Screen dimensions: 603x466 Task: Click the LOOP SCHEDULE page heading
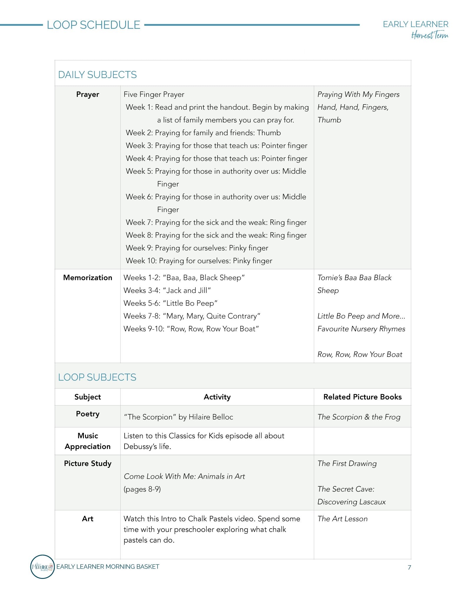[x=93, y=25]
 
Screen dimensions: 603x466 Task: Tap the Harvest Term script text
[x=429, y=36]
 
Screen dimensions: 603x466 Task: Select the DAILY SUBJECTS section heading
[x=97, y=75]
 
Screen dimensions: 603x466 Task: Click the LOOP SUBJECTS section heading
[x=97, y=377]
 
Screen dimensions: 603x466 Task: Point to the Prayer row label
[x=87, y=95]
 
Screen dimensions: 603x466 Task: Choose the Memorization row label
[x=87, y=278]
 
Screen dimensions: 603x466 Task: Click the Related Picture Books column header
[x=362, y=397]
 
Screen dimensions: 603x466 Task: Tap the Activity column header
[x=217, y=397]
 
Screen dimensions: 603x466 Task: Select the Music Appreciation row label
[x=87, y=441]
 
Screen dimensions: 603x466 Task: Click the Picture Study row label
[x=87, y=463]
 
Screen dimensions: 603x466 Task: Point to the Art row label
[x=87, y=519]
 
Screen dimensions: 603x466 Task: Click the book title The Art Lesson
[x=342, y=519]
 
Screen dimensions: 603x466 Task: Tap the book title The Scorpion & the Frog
[x=359, y=417]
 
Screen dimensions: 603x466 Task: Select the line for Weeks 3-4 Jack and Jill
[x=167, y=291]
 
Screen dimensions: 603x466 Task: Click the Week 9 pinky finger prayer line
[x=197, y=248]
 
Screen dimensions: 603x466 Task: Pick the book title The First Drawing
[x=347, y=463]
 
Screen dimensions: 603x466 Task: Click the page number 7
[x=409, y=567]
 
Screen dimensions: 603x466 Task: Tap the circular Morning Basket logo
[x=42, y=566]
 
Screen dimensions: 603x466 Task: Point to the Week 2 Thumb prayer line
[x=203, y=133]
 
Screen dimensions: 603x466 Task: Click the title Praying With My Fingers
[x=358, y=95]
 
